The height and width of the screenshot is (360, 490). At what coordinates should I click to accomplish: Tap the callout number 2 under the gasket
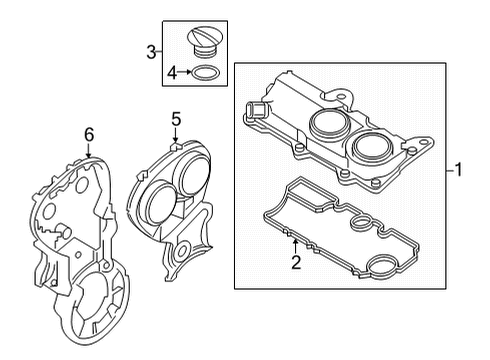[295, 263]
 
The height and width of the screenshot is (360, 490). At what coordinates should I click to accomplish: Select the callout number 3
[151, 50]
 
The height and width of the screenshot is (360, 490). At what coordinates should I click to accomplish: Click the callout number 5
[175, 119]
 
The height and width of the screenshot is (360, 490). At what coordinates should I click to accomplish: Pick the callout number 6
[88, 133]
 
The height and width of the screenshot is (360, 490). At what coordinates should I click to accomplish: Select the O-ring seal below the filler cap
[204, 73]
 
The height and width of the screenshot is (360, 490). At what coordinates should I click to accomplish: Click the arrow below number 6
[88, 151]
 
